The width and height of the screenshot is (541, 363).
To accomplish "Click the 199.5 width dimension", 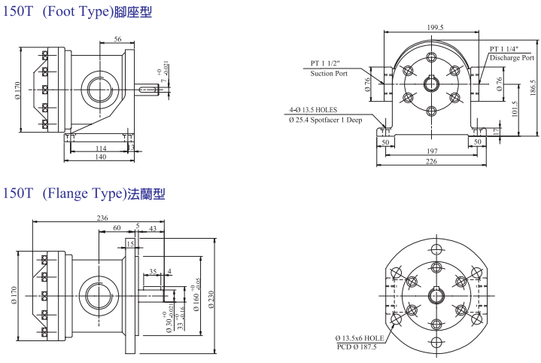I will (435, 27).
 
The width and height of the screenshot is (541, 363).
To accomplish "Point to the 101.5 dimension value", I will (515, 110).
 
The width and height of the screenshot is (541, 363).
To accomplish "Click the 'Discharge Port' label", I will (512, 57).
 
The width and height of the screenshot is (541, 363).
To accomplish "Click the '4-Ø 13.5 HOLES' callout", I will (315, 110).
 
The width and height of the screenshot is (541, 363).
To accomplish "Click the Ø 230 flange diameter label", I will (212, 297).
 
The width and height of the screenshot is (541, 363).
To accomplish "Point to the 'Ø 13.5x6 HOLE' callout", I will (360, 338).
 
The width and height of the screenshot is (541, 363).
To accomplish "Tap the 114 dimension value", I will (100, 148).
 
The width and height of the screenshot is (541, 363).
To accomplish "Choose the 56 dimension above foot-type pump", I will (118, 39).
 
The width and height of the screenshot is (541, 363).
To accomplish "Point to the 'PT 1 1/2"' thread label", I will (327, 63).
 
